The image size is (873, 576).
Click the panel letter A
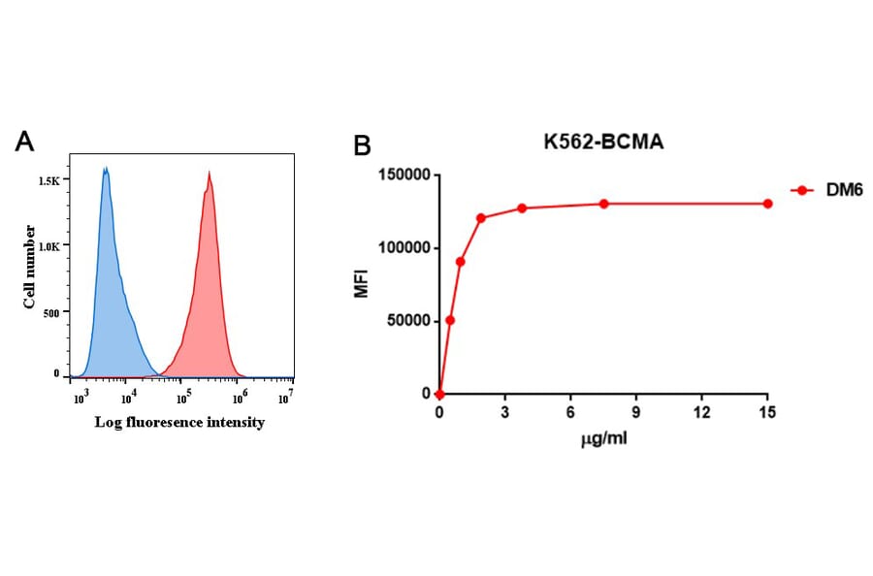click(x=26, y=142)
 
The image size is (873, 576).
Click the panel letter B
click(x=361, y=146)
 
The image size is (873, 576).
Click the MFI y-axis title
click(x=361, y=284)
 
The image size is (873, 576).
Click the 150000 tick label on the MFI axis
click(x=402, y=176)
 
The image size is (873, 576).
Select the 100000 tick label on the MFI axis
click(x=402, y=248)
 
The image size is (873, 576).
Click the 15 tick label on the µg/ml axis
click(x=767, y=413)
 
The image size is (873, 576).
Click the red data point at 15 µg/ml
click(x=767, y=204)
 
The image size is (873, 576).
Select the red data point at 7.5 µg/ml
click(x=603, y=204)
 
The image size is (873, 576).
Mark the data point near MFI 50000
click(x=450, y=320)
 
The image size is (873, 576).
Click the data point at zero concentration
click(x=439, y=395)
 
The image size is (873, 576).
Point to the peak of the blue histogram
click(x=105, y=170)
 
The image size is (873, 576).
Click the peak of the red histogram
click(x=209, y=174)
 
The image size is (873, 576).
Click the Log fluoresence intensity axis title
click(x=179, y=424)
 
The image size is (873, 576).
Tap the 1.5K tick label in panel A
click(x=48, y=181)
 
